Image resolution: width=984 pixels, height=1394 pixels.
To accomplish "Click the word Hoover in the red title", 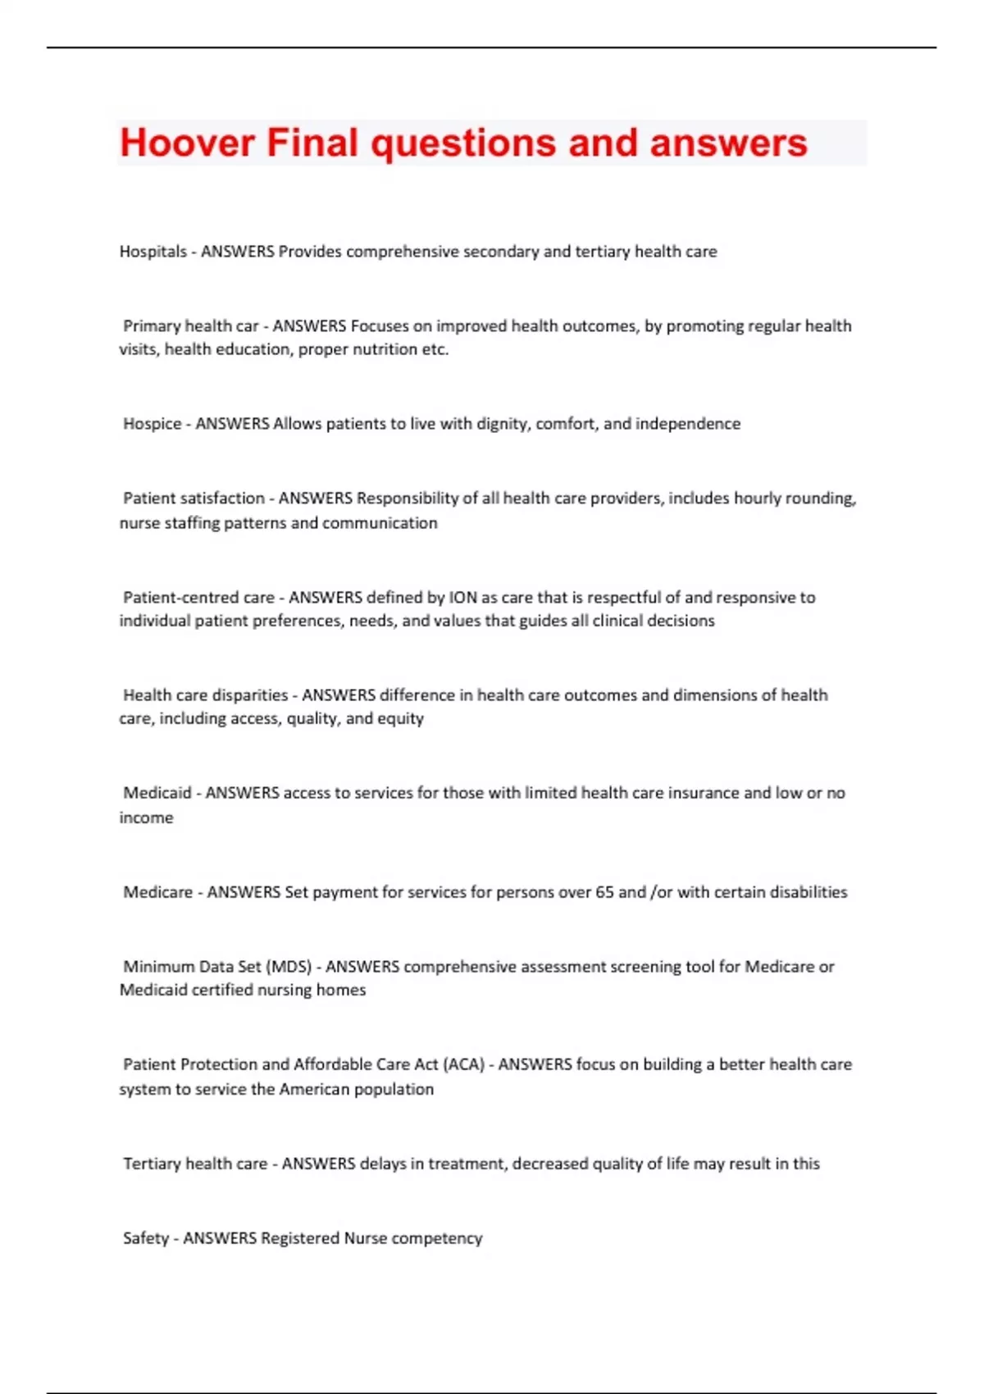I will point(187,143).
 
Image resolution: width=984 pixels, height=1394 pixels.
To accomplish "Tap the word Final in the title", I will point(312,143).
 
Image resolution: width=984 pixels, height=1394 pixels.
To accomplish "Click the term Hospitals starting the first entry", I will point(153,252).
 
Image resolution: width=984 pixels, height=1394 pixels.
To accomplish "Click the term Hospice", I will point(152,424).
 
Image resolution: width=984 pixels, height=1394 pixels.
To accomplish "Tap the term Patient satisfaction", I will point(194,499).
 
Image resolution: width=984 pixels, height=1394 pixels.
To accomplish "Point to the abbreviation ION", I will point(462,598).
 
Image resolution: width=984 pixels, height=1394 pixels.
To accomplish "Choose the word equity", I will point(400,719).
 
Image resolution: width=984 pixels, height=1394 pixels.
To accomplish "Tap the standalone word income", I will point(146,818).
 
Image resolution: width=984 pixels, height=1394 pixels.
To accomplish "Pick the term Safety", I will point(145,1238).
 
